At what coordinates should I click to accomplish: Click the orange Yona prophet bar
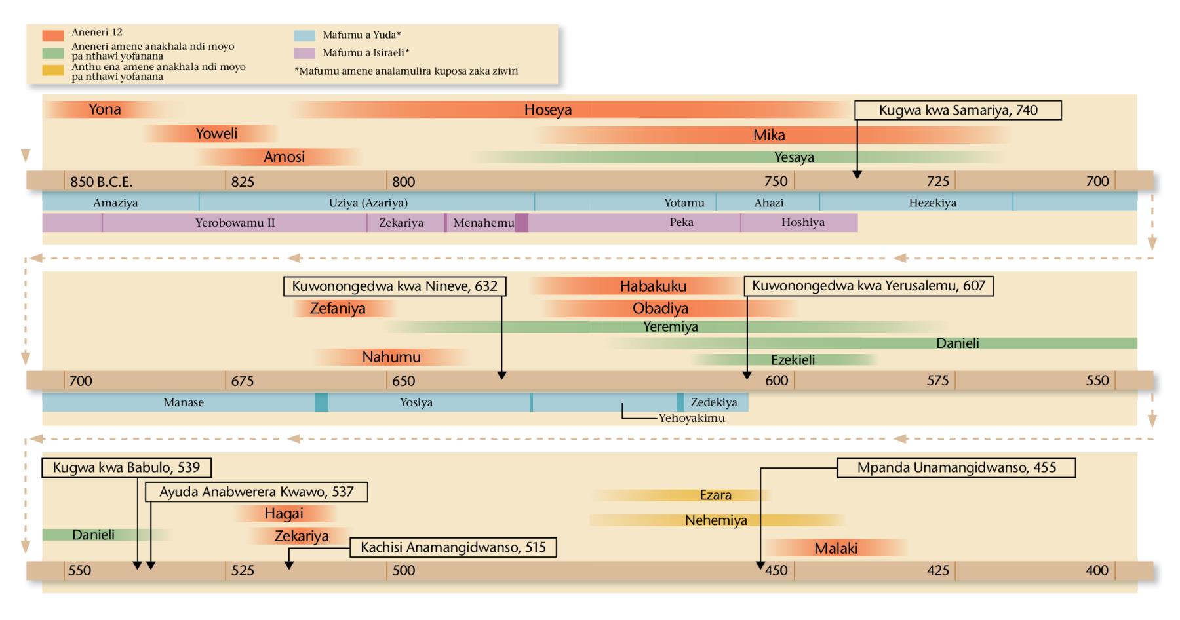pos(105,109)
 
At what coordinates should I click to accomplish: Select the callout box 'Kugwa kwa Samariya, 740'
pos(958,110)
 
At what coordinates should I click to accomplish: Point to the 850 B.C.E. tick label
pos(101,182)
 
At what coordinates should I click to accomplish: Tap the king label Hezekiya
pos(932,203)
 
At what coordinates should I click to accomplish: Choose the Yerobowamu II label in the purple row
pos(235,223)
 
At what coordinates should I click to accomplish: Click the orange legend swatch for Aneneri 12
pos(53,35)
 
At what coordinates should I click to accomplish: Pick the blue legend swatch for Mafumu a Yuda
pos(305,35)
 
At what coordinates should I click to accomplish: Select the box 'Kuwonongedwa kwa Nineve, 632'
pos(395,286)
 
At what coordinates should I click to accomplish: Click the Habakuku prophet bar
pos(653,286)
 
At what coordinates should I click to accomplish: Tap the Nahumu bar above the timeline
pos(391,357)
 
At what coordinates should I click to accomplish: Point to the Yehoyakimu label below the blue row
pos(692,418)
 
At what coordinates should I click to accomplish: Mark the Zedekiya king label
pos(713,402)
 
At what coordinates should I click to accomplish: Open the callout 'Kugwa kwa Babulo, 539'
pos(127,468)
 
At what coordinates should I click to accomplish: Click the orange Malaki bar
pos(836,549)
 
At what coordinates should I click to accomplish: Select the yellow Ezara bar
pos(715,495)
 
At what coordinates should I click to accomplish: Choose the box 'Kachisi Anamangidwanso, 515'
pos(453,547)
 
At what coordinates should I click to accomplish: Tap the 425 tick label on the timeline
pos(937,570)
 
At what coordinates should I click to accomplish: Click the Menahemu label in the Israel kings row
pos(484,223)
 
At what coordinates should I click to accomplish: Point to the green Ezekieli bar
pos(793,360)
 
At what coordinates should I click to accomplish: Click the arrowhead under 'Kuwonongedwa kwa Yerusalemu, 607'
pos(747,375)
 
